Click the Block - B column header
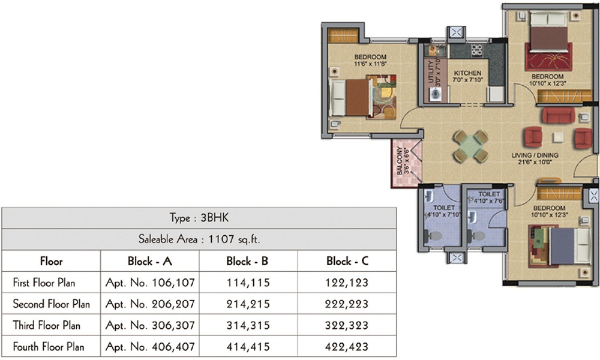point(247,261)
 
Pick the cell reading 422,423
point(347,347)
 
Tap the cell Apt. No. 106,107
point(149,282)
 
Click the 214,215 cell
point(247,304)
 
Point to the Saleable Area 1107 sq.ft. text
point(199,239)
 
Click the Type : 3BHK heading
point(199,217)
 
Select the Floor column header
point(51,261)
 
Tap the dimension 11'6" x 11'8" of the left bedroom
point(370,64)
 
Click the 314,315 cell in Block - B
point(247,325)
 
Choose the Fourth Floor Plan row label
point(49,347)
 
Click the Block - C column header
point(347,261)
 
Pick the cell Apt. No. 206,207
point(149,304)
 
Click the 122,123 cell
point(347,282)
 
